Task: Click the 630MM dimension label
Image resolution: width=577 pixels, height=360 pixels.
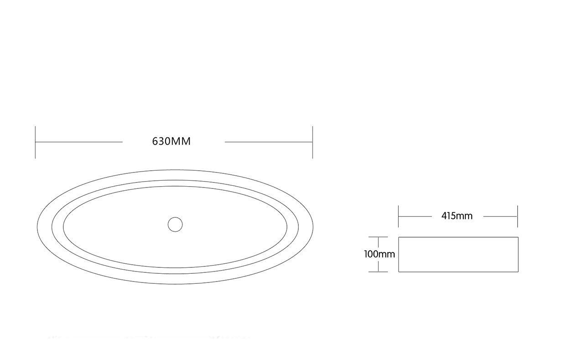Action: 172,141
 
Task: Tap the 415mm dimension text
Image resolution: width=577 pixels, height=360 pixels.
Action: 457,216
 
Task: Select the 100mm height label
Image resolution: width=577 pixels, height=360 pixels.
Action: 379,254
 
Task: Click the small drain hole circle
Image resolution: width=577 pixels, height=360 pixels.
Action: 175,224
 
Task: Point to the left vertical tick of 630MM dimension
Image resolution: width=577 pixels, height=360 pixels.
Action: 35,142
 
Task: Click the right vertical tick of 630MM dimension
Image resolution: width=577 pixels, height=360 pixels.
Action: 313,142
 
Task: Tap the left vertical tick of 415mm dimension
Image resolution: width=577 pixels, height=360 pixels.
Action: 399,216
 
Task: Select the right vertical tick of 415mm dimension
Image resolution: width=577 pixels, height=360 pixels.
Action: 518,216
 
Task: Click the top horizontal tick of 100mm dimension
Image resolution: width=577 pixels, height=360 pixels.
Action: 378,237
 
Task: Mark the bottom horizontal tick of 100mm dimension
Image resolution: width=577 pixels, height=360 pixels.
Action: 378,272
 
